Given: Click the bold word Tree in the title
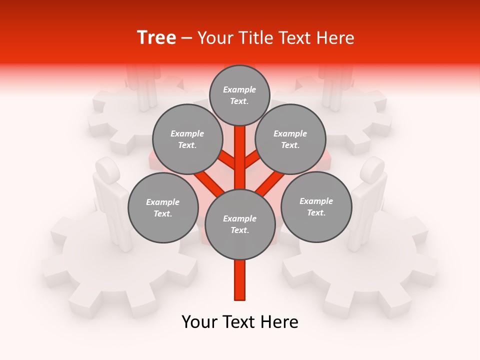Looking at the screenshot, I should (156, 37).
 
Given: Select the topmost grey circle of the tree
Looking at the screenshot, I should (239, 95).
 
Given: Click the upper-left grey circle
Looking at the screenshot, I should (187, 139).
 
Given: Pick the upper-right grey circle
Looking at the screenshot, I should (290, 139).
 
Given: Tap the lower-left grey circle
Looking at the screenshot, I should (162, 207).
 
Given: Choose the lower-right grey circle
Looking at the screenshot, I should (316, 206).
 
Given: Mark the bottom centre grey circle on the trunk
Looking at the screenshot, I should (239, 224).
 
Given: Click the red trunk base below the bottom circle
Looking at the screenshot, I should (239, 280).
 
